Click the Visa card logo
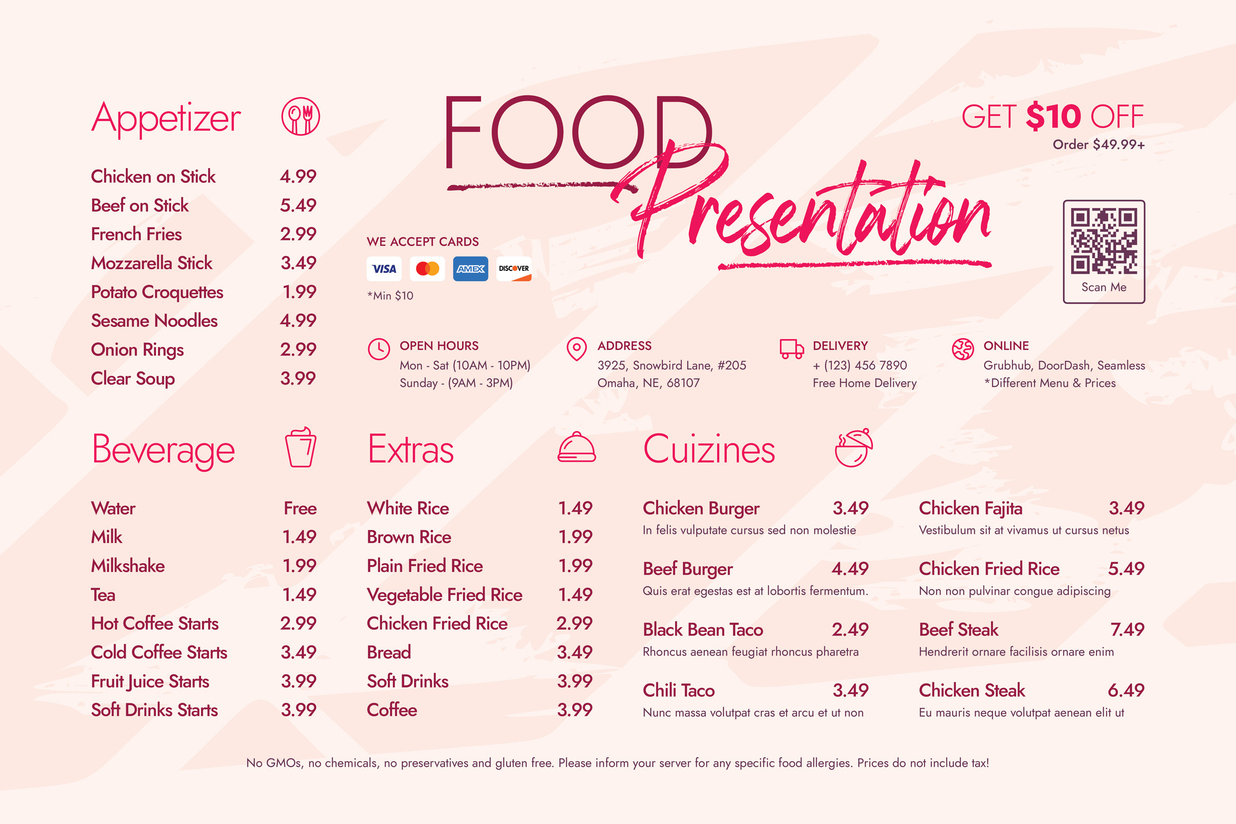coord(384,269)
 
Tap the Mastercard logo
coord(427,269)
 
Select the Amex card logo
coord(470,269)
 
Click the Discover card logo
coord(513,269)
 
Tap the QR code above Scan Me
coord(1104,241)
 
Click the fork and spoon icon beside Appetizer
coord(301,116)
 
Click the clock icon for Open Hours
coord(379,349)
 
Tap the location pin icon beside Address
coord(576,349)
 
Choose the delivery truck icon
coord(792,349)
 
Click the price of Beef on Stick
coord(298,205)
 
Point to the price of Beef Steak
coord(1127,629)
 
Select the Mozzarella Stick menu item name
coord(151,263)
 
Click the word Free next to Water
coord(300,508)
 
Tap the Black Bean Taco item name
coord(702,629)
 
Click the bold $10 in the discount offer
coord(1053,116)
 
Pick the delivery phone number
coord(860,365)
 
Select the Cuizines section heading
coord(709,450)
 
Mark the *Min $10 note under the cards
coord(390,296)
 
